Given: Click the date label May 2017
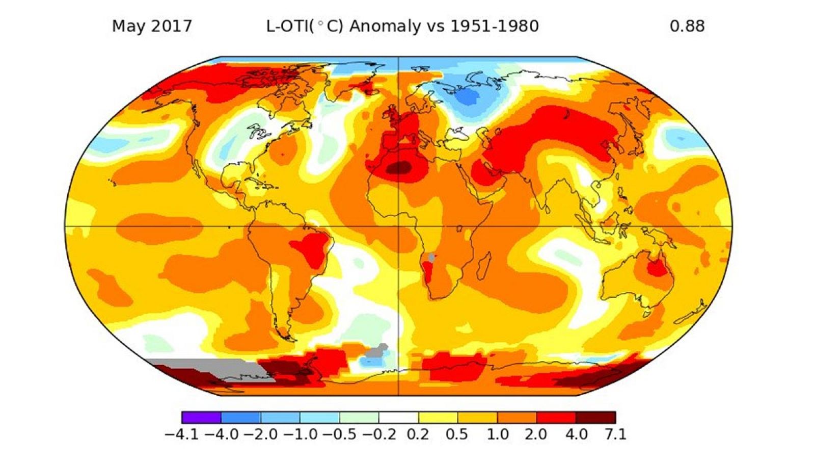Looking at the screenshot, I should (152, 26).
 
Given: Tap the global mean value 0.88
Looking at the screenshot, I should (687, 26).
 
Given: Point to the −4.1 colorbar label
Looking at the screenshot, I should (182, 434).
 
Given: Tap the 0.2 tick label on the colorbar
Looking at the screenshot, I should (418, 434).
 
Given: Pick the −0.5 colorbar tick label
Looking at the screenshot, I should (339, 434).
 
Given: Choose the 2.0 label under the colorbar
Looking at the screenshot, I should (536, 434).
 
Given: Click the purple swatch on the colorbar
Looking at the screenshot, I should (201, 417).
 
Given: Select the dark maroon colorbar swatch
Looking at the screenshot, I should (595, 417).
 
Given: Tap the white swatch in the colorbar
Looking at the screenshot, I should (398, 417).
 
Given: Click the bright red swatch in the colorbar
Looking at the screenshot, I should (556, 417).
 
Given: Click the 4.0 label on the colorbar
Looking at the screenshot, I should (576, 434).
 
